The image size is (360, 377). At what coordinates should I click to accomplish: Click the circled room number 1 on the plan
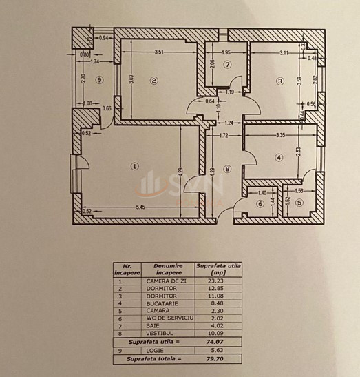coord(135,165)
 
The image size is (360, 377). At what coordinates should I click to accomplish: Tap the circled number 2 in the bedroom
coord(154,82)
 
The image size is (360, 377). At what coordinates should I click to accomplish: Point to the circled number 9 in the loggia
coord(100,81)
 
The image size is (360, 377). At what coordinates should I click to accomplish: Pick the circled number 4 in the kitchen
coord(278,158)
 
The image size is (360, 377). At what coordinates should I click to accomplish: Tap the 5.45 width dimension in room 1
coord(140,207)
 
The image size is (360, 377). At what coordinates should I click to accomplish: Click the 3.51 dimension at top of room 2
coord(159,52)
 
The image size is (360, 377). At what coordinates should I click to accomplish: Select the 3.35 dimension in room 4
coord(279,136)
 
